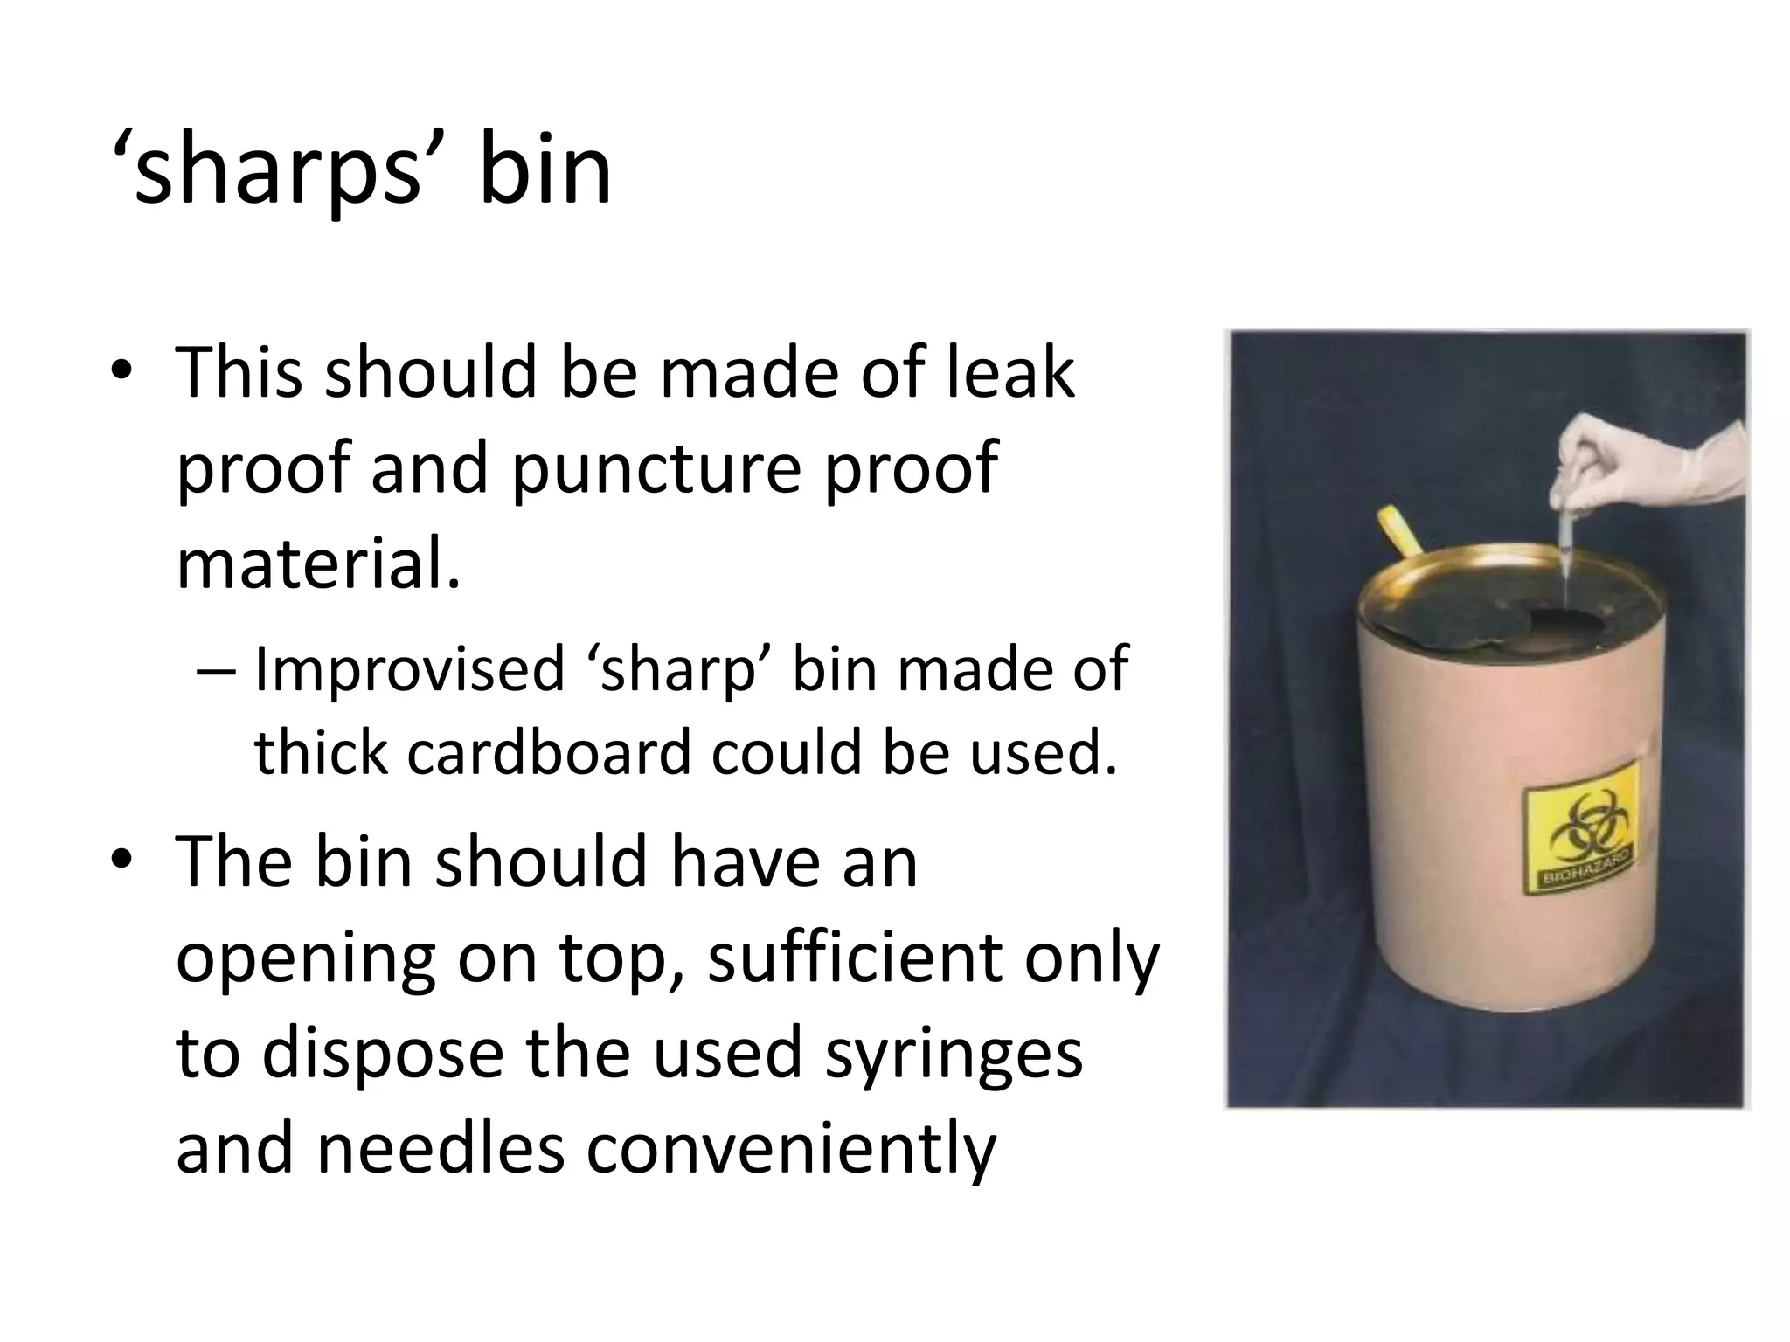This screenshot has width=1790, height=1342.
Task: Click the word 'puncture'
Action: pos(656,470)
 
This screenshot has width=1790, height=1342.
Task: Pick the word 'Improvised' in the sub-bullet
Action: pos(409,670)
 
